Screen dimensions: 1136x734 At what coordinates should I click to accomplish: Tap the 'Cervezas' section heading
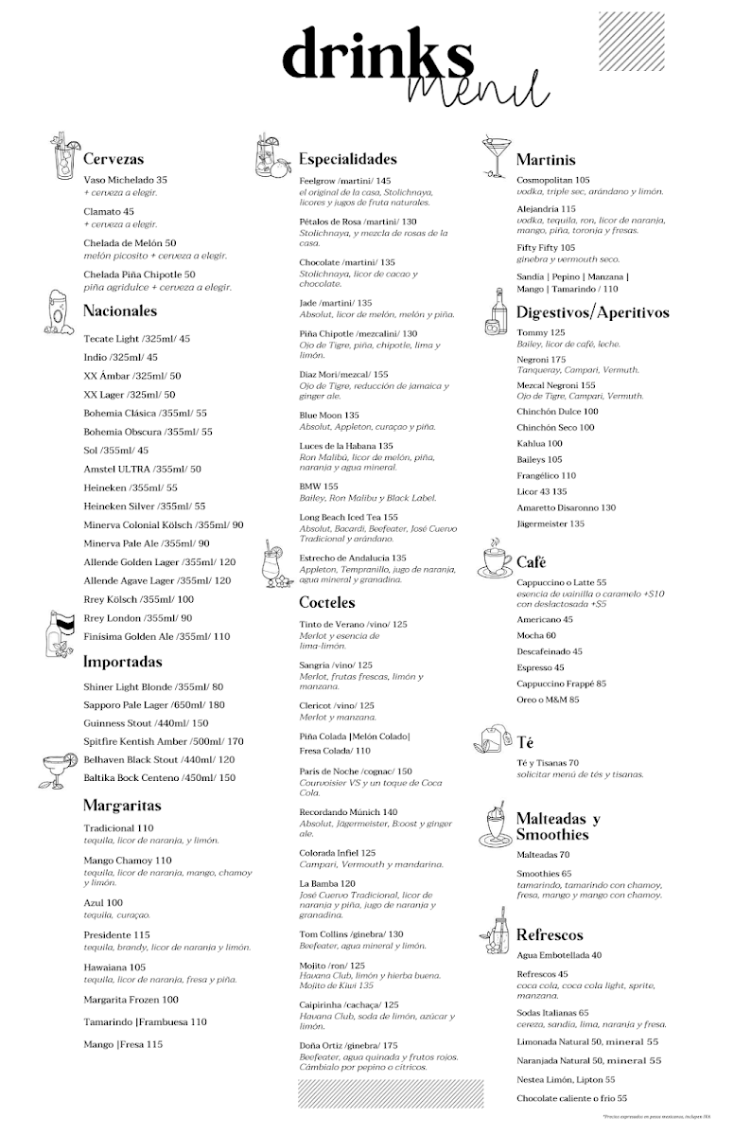[x=114, y=159]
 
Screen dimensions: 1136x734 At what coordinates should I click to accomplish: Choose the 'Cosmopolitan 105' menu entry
[x=553, y=180]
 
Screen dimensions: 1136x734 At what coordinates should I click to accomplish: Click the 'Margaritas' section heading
[x=122, y=806]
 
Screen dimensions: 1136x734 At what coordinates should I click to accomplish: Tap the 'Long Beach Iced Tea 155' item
[x=348, y=517]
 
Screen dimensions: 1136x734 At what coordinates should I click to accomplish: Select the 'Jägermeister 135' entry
[x=550, y=524]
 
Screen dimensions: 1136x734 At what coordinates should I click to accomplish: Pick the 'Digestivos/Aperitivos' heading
[x=592, y=312]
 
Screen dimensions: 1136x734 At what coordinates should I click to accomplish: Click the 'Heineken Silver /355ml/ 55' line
[x=144, y=506]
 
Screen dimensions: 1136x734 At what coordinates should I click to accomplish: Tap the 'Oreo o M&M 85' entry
[x=548, y=700]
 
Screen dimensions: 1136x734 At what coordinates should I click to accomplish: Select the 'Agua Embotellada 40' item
[x=559, y=955]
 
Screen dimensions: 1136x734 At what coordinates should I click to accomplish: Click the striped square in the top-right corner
[x=631, y=41]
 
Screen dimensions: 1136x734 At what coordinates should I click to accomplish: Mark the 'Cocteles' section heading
[x=327, y=602]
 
